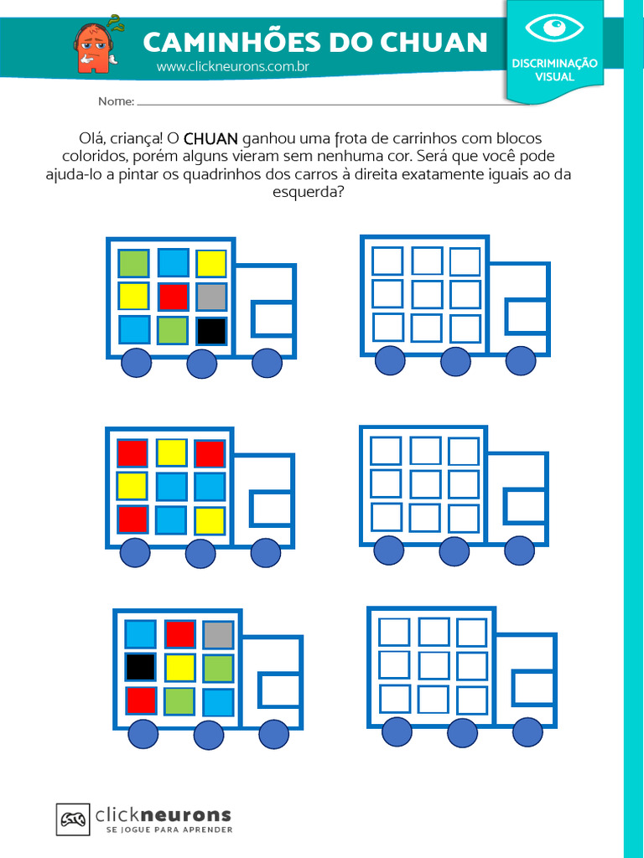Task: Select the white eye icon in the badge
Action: click(x=554, y=27)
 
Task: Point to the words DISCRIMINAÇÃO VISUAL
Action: click(x=555, y=70)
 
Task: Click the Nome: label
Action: click(x=116, y=101)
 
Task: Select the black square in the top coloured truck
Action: click(x=211, y=331)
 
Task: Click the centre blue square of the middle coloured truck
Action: click(x=171, y=487)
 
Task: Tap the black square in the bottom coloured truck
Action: click(x=140, y=667)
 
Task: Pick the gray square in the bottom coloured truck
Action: click(x=218, y=634)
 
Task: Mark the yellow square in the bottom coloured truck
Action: click(x=179, y=667)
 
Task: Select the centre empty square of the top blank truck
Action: click(x=427, y=294)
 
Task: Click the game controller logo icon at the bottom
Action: click(x=73, y=819)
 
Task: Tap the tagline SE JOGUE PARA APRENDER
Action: click(x=169, y=830)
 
